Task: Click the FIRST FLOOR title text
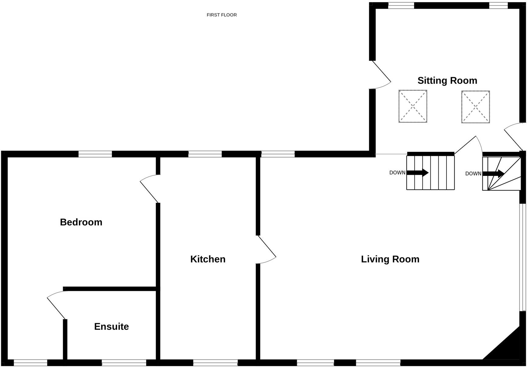(221, 15)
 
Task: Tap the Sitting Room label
(447, 80)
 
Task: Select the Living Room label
(390, 259)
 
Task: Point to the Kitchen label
(208, 259)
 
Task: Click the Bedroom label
(81, 222)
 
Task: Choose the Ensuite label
(111, 327)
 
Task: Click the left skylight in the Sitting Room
(413, 106)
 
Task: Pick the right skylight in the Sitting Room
(475, 107)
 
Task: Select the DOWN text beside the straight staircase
(397, 173)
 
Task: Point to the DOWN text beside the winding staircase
(473, 174)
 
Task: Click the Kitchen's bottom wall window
(215, 363)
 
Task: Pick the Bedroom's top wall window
(95, 154)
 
